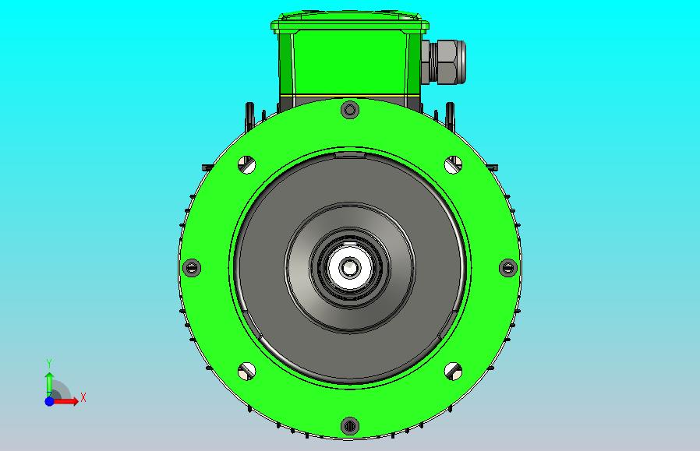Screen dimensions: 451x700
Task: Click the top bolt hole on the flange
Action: tap(350, 110)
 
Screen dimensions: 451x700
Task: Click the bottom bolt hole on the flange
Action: tap(350, 426)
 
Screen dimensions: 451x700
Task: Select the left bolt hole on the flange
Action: tap(192, 268)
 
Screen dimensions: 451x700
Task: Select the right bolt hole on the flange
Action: tap(508, 268)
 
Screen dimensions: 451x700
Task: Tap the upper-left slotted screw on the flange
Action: tap(247, 164)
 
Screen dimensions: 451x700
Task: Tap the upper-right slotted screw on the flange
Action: tap(453, 164)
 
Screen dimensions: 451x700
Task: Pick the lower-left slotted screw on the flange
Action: tap(247, 371)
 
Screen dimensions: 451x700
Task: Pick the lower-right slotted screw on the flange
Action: tap(453, 371)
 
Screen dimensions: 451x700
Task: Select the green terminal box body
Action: tap(348, 62)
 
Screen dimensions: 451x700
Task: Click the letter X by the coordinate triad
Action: tap(83, 398)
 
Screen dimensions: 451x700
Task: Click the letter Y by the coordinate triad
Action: tap(49, 364)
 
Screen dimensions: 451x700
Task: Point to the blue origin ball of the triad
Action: tap(49, 401)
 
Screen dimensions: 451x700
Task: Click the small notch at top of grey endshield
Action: tap(350, 155)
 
